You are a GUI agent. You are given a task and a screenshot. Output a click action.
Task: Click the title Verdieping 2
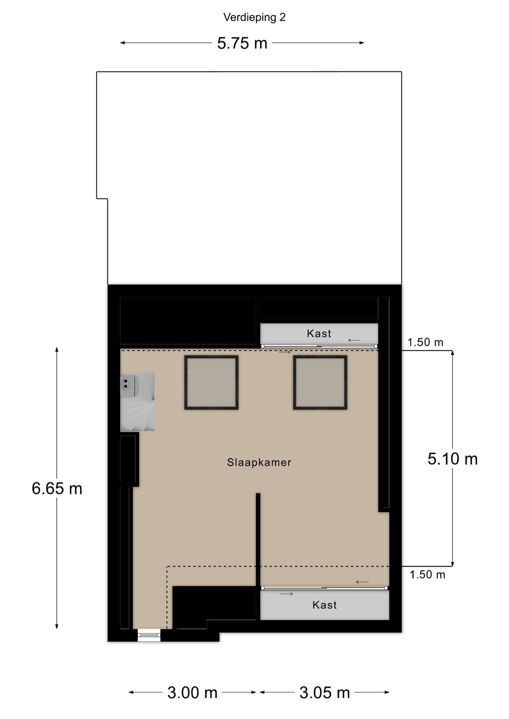tap(254, 17)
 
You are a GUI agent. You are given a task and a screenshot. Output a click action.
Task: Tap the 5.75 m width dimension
tap(242, 43)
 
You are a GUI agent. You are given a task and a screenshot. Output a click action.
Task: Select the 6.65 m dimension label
tap(57, 488)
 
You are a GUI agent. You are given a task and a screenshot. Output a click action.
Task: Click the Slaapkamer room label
tap(259, 463)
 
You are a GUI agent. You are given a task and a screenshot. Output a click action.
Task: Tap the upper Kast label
tap(319, 334)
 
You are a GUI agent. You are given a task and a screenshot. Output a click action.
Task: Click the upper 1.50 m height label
tap(425, 342)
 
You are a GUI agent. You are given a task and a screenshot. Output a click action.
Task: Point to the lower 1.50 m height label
tap(427, 575)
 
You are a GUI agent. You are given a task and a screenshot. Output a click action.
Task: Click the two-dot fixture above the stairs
tap(126, 384)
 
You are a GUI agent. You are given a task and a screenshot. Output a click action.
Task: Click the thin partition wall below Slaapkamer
tap(258, 539)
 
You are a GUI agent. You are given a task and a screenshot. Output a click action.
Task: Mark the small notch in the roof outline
tap(102, 198)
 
